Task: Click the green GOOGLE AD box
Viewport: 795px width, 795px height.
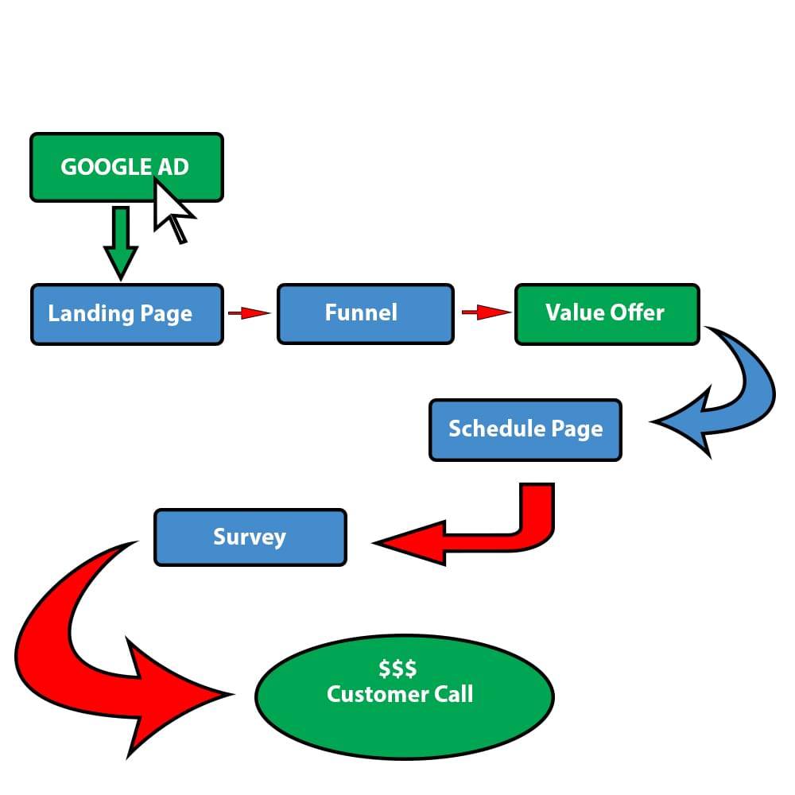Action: click(126, 167)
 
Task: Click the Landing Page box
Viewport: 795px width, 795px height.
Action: click(126, 314)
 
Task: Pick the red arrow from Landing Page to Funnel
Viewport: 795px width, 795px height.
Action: click(248, 312)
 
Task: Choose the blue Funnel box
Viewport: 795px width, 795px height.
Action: click(366, 314)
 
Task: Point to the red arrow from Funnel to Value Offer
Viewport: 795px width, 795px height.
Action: click(487, 312)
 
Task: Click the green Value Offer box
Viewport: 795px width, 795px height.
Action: click(607, 314)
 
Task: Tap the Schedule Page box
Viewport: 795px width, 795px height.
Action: click(525, 430)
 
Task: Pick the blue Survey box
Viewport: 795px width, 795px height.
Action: click(250, 537)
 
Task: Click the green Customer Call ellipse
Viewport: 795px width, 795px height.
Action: click(405, 696)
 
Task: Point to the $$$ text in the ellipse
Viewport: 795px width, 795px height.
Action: click(397, 669)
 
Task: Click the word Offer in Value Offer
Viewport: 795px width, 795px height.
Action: click(638, 312)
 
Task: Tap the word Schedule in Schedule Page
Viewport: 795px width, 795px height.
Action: click(497, 429)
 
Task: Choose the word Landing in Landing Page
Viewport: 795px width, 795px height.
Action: click(91, 314)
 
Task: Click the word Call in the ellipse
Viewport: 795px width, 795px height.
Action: click(453, 693)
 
